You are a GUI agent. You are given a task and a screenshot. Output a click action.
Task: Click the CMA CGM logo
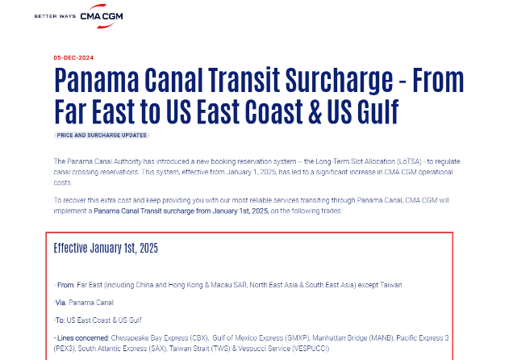(102, 16)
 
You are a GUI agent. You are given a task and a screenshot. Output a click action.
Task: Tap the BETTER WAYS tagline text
(55, 16)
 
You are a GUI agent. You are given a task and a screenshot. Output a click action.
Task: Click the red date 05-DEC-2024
(73, 58)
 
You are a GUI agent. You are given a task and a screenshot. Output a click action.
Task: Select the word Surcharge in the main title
(339, 80)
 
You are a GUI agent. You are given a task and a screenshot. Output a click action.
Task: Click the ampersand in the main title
(315, 111)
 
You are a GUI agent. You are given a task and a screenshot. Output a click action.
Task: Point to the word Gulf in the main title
(377, 111)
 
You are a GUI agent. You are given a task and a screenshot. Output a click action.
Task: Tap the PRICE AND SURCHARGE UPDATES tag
(102, 135)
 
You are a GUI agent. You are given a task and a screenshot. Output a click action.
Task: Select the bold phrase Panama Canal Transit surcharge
(144, 211)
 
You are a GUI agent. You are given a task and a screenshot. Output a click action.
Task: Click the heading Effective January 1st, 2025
(106, 248)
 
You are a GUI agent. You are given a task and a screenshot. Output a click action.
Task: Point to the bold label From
(65, 285)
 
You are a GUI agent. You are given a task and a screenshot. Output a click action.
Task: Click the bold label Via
(60, 303)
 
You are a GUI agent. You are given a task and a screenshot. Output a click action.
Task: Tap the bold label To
(59, 320)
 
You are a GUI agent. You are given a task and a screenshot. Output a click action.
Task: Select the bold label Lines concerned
(83, 337)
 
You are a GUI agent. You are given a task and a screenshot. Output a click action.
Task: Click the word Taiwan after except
(390, 285)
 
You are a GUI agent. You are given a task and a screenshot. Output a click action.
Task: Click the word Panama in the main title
(97, 80)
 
